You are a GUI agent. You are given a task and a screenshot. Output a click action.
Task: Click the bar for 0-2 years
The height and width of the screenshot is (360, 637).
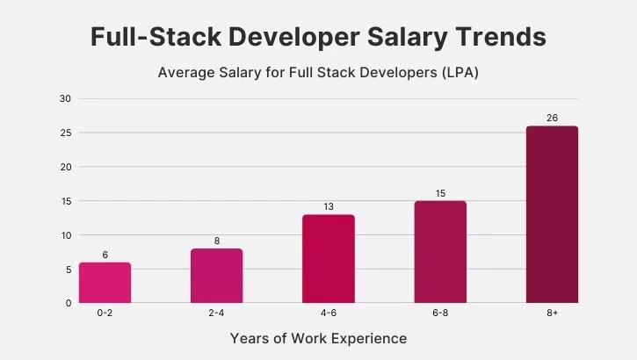(x=105, y=283)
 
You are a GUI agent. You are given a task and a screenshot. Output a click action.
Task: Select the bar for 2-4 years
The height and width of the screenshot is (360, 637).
(x=216, y=276)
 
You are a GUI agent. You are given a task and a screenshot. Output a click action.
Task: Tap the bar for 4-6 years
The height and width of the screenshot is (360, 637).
(x=329, y=259)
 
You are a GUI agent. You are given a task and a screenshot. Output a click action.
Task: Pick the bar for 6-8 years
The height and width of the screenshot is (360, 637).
(x=440, y=252)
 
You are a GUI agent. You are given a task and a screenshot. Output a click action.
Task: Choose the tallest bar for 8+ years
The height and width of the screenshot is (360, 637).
(x=552, y=214)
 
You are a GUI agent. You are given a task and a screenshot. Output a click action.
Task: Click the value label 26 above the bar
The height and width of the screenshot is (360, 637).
(x=552, y=118)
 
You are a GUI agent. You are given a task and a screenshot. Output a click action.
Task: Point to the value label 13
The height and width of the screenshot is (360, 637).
(x=329, y=206)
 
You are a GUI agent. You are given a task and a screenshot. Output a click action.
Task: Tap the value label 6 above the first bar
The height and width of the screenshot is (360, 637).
(x=105, y=255)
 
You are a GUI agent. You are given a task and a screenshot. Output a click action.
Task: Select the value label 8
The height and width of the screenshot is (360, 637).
(x=216, y=241)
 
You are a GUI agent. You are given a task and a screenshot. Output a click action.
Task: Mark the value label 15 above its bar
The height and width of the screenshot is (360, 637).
(x=440, y=193)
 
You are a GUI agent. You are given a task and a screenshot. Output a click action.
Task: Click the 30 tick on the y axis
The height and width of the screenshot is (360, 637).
(x=65, y=98)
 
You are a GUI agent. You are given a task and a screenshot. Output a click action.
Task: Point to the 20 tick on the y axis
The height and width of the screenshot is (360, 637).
(x=65, y=167)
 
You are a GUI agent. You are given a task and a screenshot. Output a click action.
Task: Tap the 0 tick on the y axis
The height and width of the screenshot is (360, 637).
(x=68, y=303)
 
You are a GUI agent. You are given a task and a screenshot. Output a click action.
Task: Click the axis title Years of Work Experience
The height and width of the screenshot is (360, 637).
(x=318, y=338)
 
